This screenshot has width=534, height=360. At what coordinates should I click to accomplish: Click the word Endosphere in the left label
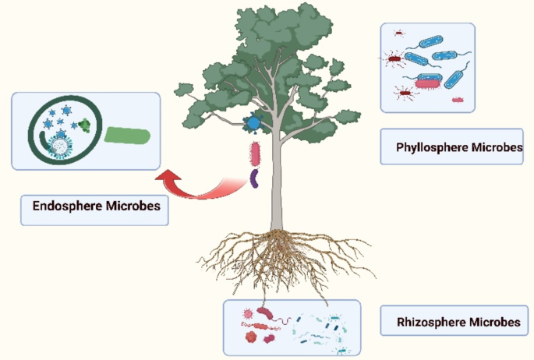pyautogui.click(x=67, y=206)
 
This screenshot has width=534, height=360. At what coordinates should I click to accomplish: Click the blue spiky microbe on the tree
pyautogui.click(x=253, y=122)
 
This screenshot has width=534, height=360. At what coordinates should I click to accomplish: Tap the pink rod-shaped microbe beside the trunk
pyautogui.click(x=254, y=153)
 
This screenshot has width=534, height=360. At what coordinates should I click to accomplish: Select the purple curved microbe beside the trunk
pyautogui.click(x=254, y=179)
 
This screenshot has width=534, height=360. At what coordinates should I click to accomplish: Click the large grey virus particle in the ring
pyautogui.click(x=58, y=143)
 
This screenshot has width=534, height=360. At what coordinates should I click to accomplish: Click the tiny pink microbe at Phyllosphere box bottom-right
pyautogui.click(x=458, y=101)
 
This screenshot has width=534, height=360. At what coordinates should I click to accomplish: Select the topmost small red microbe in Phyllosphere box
pyautogui.click(x=398, y=34)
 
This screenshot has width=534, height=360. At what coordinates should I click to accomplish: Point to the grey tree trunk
pyautogui.click(x=276, y=195)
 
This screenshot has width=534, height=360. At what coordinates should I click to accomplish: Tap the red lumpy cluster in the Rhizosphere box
pyautogui.click(x=252, y=337)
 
